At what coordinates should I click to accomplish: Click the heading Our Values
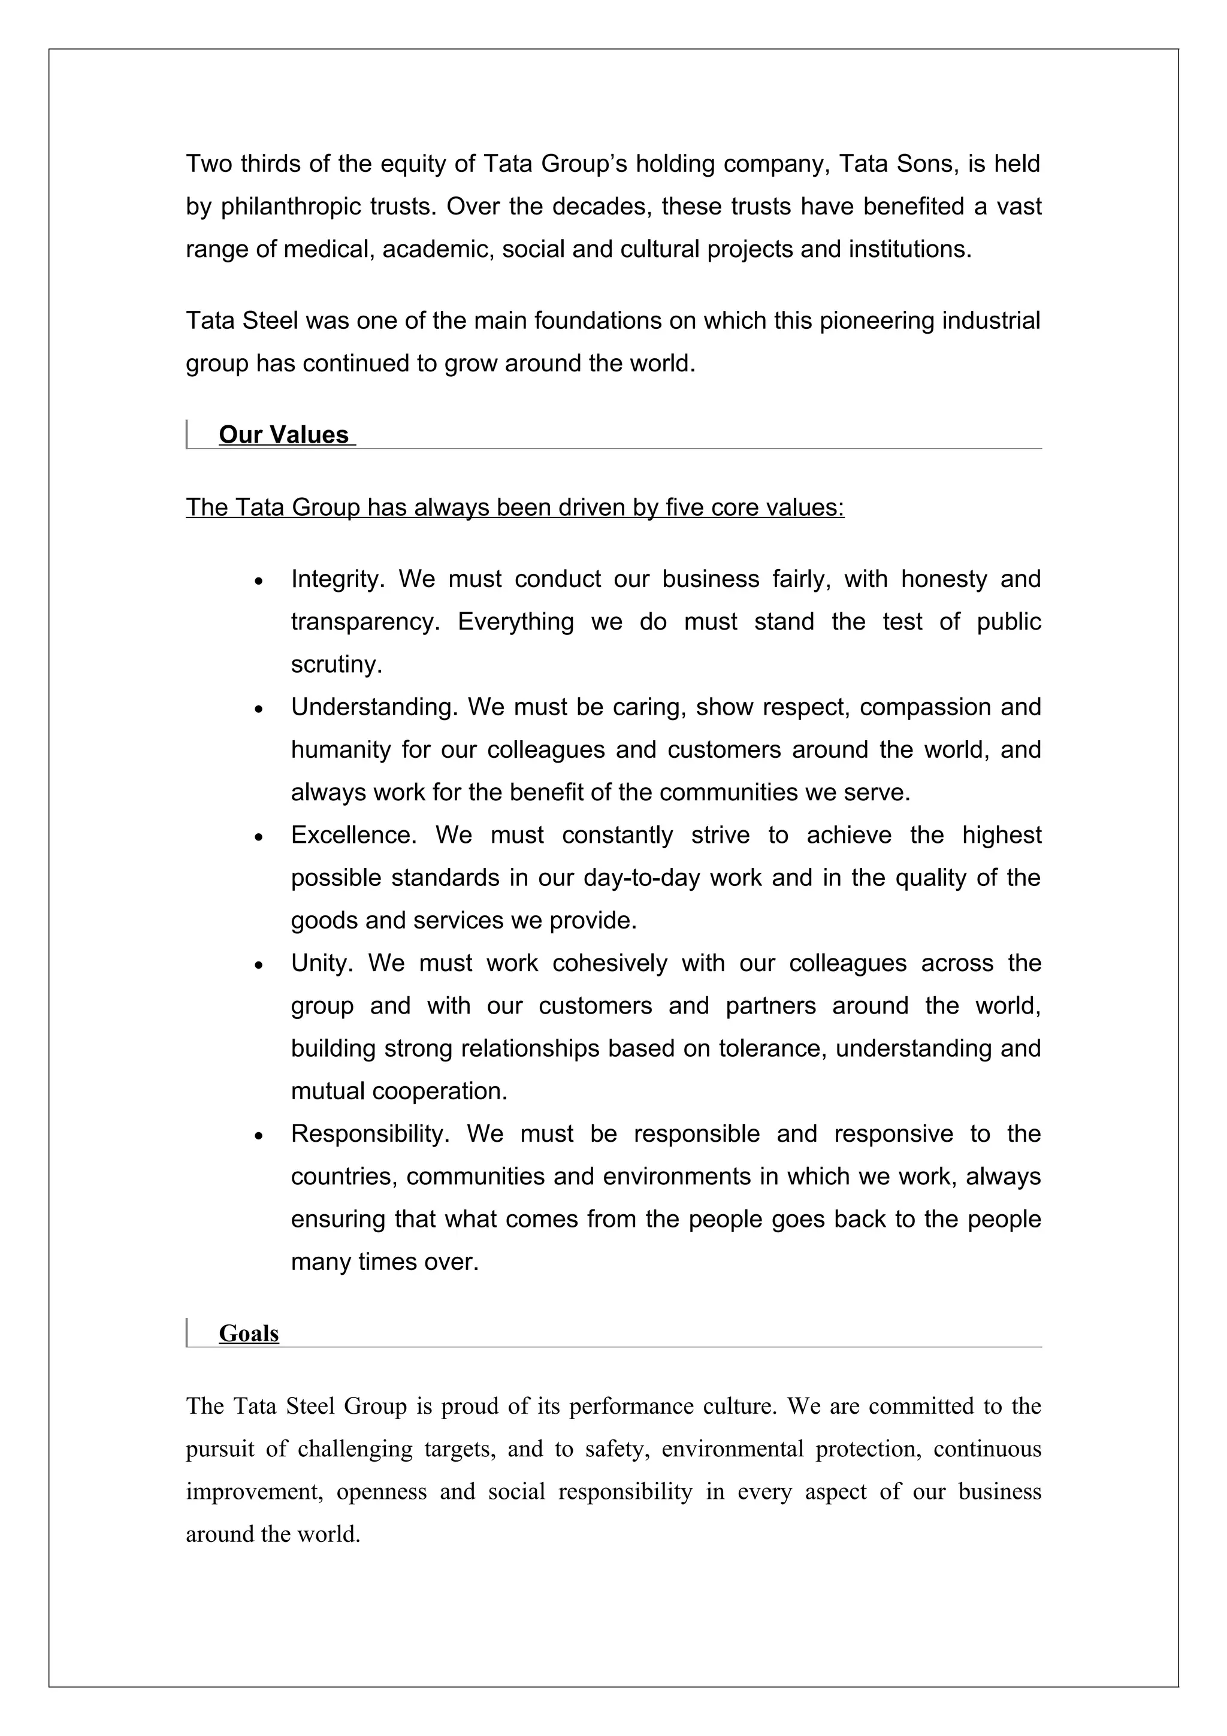coord(283,435)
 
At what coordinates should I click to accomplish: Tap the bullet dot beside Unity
coord(259,966)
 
